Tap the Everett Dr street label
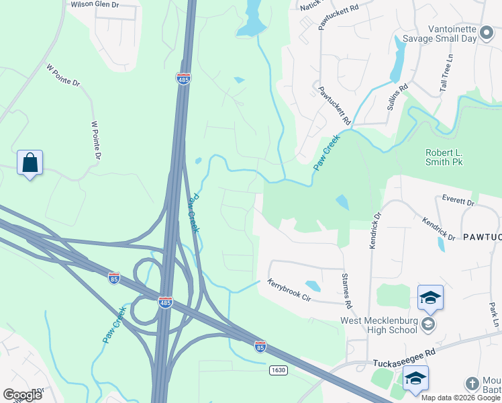tap(458, 201)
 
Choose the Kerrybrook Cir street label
tap(290, 290)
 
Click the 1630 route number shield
tap(279, 370)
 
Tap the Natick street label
tap(310, 5)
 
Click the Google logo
tap(21, 394)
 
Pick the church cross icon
tap(472, 384)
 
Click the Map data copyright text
tap(460, 398)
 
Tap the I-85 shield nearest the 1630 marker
tap(260, 347)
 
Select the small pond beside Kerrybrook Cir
tap(312, 285)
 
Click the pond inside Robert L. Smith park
tap(342, 201)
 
